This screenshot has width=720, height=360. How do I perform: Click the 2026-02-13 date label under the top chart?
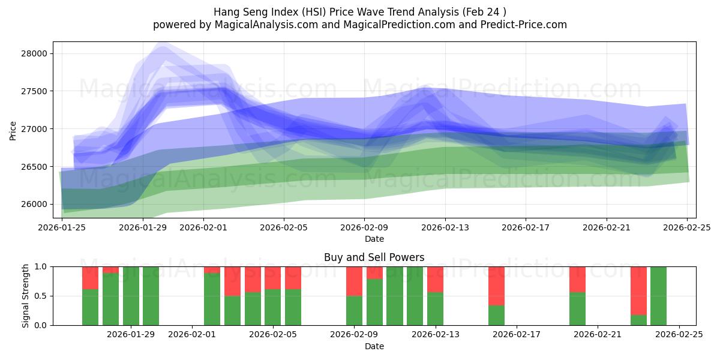point(445,227)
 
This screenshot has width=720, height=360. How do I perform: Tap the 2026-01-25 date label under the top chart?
point(62,227)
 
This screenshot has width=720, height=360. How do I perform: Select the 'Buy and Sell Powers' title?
point(374,257)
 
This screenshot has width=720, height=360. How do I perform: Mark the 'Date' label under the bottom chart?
point(374,346)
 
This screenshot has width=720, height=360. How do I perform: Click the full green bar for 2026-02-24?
point(658,296)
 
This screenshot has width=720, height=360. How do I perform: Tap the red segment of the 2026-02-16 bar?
point(496,286)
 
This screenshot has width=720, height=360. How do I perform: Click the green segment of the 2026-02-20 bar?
point(577,309)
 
